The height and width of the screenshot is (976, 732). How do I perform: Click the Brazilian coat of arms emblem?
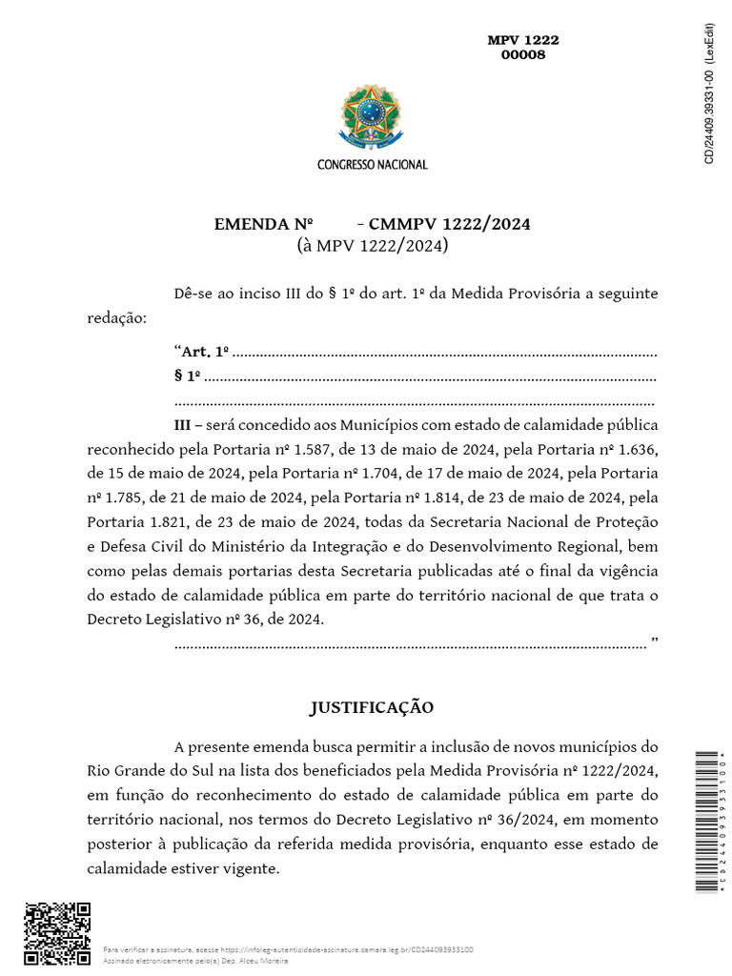pos(372,119)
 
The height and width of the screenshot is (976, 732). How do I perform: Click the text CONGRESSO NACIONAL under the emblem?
pos(372,165)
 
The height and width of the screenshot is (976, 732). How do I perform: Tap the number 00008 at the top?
pos(523,55)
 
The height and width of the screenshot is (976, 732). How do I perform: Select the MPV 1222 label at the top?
pos(523,40)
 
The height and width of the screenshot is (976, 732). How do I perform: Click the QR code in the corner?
pos(57,934)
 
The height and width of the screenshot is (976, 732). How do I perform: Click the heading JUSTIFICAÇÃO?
pos(372,707)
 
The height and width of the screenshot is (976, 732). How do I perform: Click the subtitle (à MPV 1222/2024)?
pos(372,246)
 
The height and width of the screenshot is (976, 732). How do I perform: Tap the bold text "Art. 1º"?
pos(206,352)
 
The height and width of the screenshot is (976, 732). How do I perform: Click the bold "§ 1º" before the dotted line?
pos(188,376)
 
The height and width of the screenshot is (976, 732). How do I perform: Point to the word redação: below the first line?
pos(117,317)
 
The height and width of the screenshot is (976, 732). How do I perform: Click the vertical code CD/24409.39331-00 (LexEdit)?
pos(709,91)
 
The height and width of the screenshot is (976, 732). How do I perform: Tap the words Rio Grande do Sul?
pos(144,769)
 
